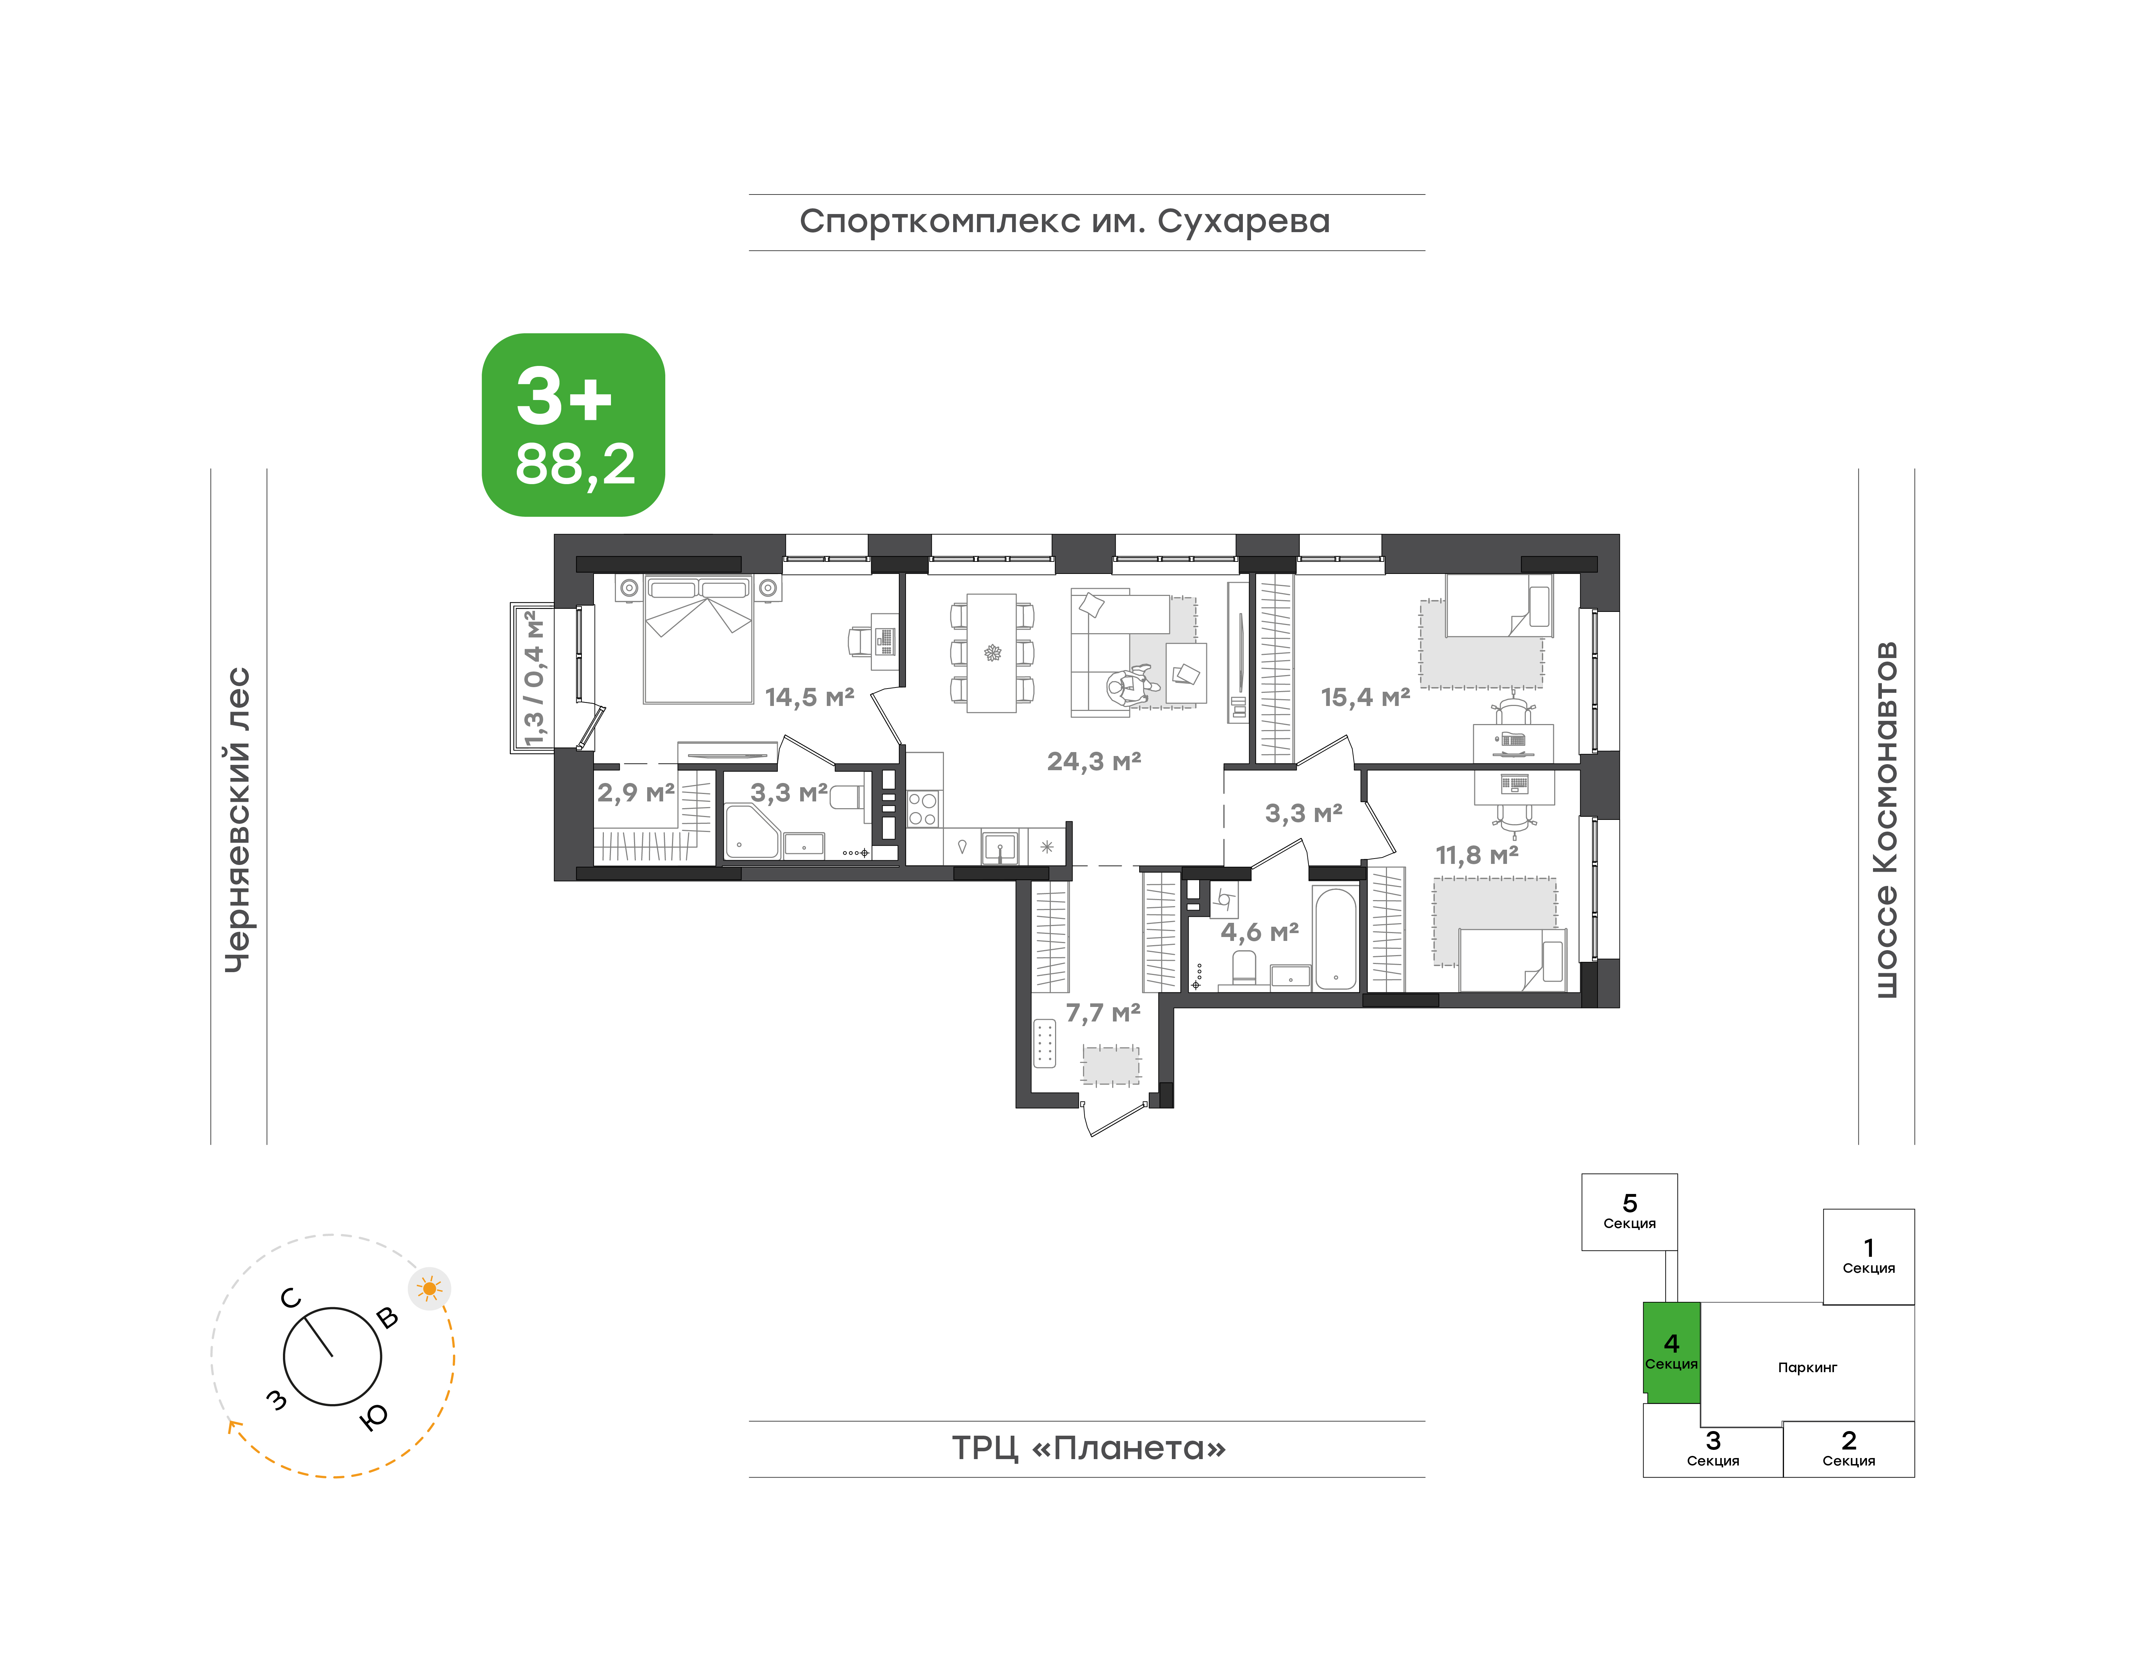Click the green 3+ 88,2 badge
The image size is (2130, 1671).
tap(573, 424)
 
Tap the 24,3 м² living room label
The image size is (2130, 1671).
tap(1094, 761)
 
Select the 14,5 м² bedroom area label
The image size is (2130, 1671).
tap(809, 697)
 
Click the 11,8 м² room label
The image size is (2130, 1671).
tap(1476, 855)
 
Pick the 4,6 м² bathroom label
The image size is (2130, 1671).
tap(1259, 932)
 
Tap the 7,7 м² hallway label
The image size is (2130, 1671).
tap(1103, 1013)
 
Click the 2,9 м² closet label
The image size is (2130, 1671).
tap(636, 793)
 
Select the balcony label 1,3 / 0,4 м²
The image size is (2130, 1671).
tap(533, 678)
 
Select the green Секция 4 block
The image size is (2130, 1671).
tap(1671, 1352)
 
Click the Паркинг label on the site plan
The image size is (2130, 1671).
tap(1807, 1368)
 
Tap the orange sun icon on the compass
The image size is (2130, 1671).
tap(428, 1288)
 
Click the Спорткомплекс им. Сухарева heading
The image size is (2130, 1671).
tap(1065, 222)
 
